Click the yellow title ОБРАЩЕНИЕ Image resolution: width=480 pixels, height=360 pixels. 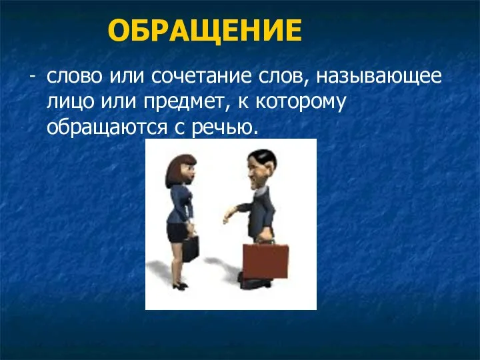(x=205, y=30)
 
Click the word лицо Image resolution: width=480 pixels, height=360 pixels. (x=70, y=102)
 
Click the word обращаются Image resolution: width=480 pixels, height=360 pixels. (x=107, y=128)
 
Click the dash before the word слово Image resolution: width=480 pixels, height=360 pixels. (x=33, y=77)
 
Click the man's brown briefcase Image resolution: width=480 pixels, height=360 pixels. (x=266, y=261)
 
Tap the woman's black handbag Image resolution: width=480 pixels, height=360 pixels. (x=191, y=248)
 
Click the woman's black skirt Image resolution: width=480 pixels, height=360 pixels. (x=177, y=232)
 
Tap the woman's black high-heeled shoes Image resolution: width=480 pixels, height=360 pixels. (x=180, y=286)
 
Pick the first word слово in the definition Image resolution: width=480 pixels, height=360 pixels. (x=75, y=76)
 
